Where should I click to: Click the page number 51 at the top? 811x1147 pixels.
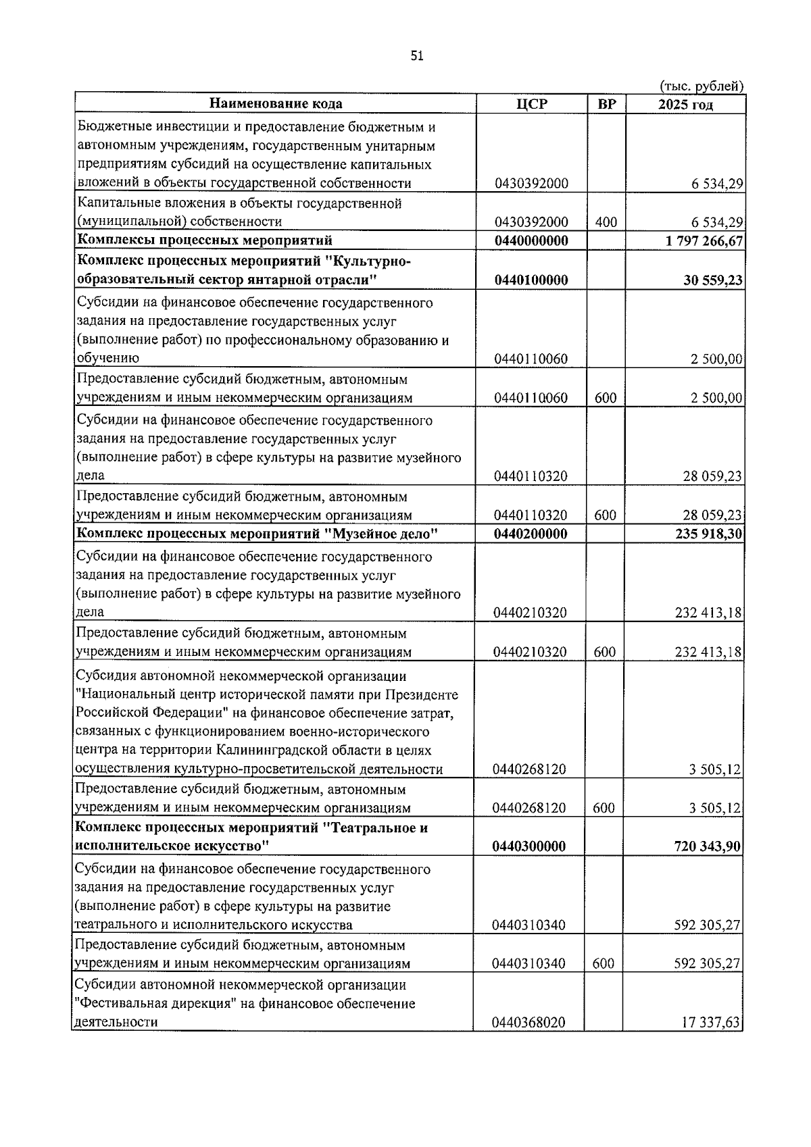point(416,57)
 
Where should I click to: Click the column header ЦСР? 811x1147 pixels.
point(531,104)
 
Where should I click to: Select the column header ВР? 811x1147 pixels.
point(606,104)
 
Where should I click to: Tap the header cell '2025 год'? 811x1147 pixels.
point(685,104)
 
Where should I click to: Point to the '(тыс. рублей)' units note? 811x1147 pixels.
point(702,86)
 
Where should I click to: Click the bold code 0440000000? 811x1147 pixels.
point(531,241)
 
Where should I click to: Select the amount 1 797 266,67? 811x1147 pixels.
point(704,241)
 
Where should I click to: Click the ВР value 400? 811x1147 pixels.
point(606,222)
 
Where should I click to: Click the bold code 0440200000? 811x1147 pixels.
point(531,534)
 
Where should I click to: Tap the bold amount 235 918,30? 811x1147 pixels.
point(708,534)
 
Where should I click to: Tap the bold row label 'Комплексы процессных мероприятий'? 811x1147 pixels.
point(204,241)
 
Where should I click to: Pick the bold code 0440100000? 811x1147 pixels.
point(531,280)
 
